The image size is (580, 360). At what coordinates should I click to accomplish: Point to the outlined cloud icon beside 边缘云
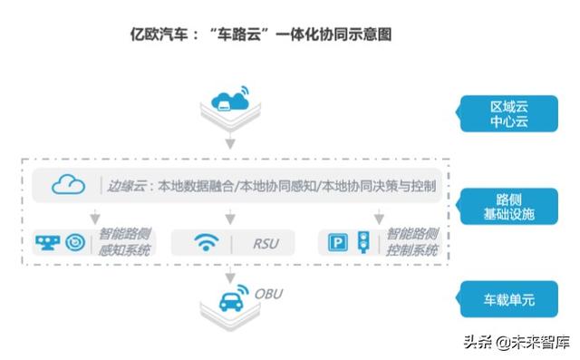tap(69, 186)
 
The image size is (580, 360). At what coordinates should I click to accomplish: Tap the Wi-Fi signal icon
tap(207, 242)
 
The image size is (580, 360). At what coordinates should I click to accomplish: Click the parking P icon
tap(337, 243)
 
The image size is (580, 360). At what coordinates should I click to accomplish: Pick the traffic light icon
tap(362, 241)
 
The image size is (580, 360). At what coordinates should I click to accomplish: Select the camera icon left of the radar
tap(49, 242)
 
